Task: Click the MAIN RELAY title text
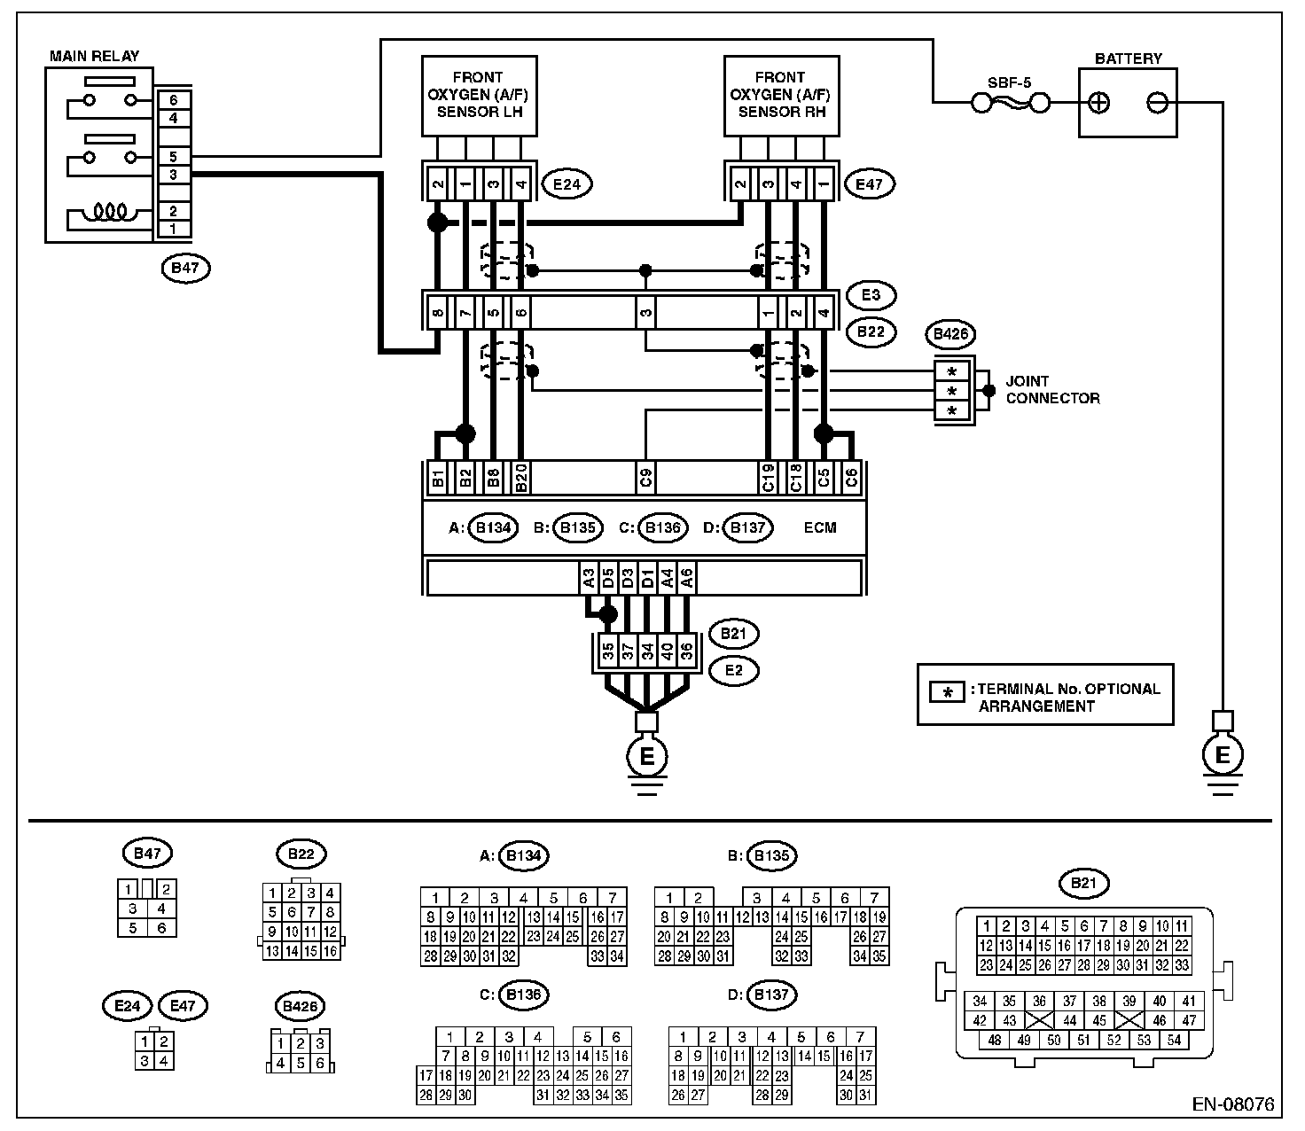[94, 56]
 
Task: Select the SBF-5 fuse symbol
[1010, 102]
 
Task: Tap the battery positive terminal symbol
[1099, 103]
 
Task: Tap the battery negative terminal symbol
[1157, 103]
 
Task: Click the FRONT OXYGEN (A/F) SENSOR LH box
[480, 96]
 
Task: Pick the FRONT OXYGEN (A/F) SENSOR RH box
[782, 96]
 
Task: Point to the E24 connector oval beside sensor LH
[567, 184]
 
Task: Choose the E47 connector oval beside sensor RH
[869, 184]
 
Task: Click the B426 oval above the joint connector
[950, 334]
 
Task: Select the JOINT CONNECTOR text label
[1052, 389]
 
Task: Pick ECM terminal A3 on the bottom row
[589, 578]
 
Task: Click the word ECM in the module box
[819, 527]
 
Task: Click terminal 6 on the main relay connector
[174, 100]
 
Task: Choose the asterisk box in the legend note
[947, 693]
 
